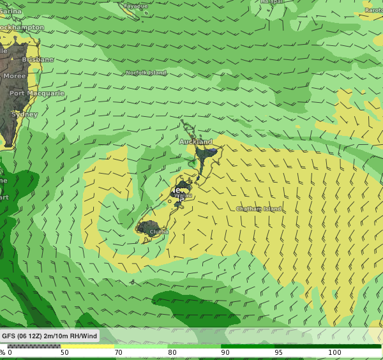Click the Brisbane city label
(38, 59)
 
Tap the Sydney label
(25, 114)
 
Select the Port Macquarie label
(37, 93)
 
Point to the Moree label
(15, 76)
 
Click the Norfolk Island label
(146, 73)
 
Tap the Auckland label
(195, 142)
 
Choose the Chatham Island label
(259, 209)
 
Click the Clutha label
(160, 232)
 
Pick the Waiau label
(183, 196)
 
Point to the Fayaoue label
(136, 6)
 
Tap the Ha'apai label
(272, 2)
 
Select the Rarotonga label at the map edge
(373, 10)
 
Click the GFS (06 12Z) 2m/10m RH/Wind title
(49, 336)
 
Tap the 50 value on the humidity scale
(64, 352)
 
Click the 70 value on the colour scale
(118, 352)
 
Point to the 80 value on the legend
(172, 352)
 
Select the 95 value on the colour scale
(279, 352)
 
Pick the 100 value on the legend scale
(334, 352)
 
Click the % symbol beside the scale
(3, 352)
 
